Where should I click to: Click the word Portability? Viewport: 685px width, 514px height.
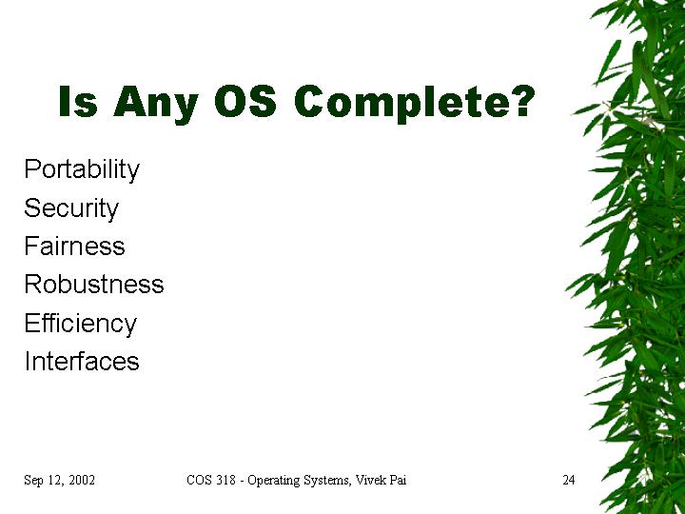pos(82,169)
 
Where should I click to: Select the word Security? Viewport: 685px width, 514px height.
pos(71,208)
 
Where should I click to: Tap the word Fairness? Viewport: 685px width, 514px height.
pos(75,246)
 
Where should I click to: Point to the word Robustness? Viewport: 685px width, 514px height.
pos(94,284)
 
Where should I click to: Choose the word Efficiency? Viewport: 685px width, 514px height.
pos(81,324)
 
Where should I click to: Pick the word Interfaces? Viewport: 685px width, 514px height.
pos(82,361)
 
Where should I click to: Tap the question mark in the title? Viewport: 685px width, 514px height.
pos(522,101)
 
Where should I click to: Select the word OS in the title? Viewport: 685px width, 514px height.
pos(245,101)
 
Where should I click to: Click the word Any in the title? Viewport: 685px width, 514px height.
pos(156,105)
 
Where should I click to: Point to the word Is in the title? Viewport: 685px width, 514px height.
pos(78,101)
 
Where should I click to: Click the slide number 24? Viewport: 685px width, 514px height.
pos(569,480)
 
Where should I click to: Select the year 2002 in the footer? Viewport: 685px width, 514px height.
pos(82,480)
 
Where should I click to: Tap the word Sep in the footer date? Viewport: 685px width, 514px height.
pos(33,481)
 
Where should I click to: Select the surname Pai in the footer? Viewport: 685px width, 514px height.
pos(399,480)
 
